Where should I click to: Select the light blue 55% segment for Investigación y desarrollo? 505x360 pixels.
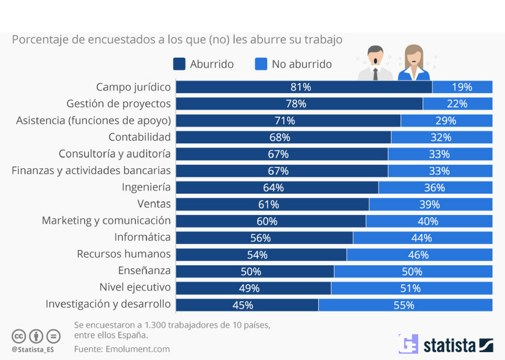(405, 305)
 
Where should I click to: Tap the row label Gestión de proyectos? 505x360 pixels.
(118, 104)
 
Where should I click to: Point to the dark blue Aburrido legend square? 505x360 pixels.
(179, 64)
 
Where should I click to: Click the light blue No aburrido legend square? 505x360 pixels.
(261, 64)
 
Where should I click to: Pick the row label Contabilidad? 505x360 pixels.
(139, 137)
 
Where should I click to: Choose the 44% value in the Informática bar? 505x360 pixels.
(421, 238)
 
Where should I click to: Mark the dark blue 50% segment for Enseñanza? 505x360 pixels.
(255, 272)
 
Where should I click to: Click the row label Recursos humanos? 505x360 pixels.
(124, 254)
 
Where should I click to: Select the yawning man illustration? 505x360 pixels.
(375, 63)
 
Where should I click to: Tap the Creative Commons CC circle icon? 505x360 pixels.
(19, 336)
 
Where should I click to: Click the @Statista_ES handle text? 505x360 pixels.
(32, 349)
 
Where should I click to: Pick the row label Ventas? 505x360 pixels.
(154, 204)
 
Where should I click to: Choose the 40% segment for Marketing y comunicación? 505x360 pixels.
(428, 221)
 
